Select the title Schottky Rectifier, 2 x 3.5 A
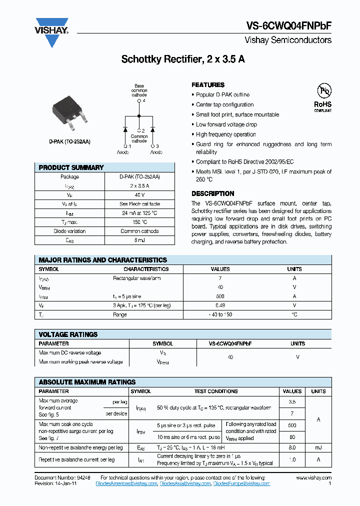pos(183,59)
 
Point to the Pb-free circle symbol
pos(323,91)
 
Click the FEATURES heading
pos(208,85)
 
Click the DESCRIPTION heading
pos(212,193)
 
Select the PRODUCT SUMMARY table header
pos(71,167)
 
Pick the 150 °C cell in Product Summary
pos(139,222)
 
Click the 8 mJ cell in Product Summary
pos(139,240)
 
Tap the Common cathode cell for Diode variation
pos(139,231)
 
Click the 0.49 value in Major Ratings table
pos(220,305)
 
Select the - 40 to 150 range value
pos(220,314)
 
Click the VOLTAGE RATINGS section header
pos(68,334)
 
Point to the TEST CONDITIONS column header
pos(216,391)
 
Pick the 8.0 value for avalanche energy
pos(292,448)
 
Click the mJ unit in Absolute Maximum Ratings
pos(318,448)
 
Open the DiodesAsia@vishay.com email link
pos(185,484)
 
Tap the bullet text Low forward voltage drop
pos(226,124)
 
